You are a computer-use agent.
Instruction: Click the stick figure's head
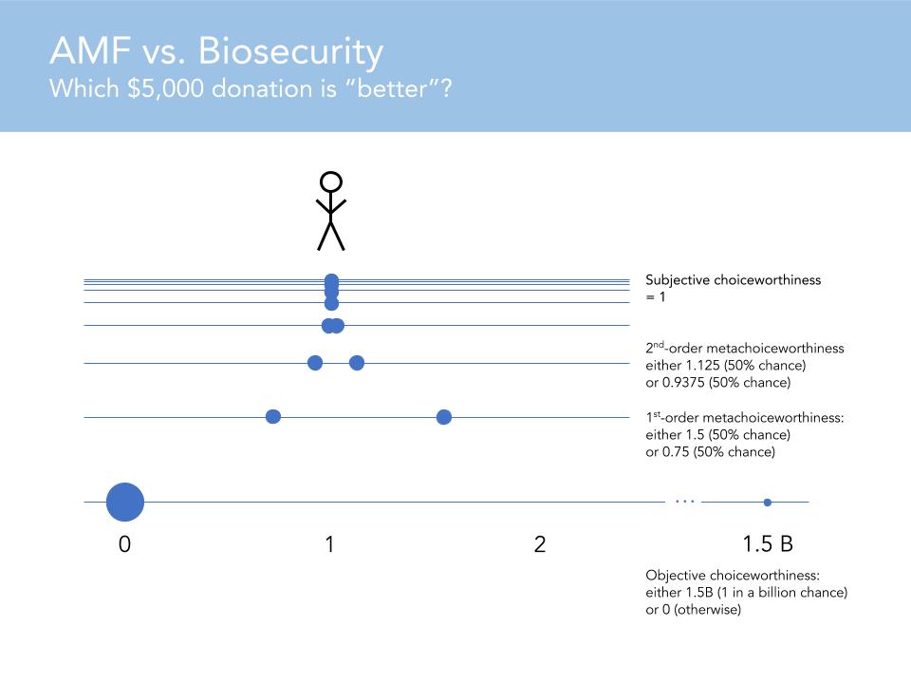(330, 181)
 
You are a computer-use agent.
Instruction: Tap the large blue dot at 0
(124, 503)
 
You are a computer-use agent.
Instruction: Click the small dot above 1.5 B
(768, 503)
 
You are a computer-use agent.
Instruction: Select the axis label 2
(540, 544)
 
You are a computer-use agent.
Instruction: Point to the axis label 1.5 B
(768, 544)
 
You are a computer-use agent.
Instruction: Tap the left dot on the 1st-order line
(273, 417)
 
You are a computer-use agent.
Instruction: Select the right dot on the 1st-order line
(443, 417)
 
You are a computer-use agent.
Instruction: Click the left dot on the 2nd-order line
(315, 362)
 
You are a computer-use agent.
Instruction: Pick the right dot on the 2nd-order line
(357, 362)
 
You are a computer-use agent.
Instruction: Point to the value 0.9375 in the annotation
(685, 383)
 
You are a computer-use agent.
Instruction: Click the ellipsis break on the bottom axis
(684, 501)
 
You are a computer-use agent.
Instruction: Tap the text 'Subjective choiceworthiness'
(733, 280)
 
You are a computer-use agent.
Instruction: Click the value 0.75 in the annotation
(678, 452)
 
